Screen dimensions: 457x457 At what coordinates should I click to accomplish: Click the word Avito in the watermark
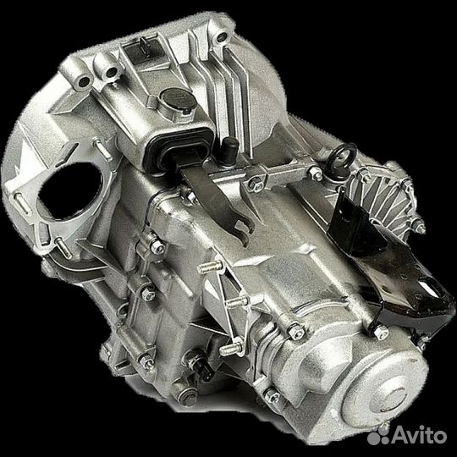(419, 436)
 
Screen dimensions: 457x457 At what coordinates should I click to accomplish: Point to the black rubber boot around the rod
(178, 151)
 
